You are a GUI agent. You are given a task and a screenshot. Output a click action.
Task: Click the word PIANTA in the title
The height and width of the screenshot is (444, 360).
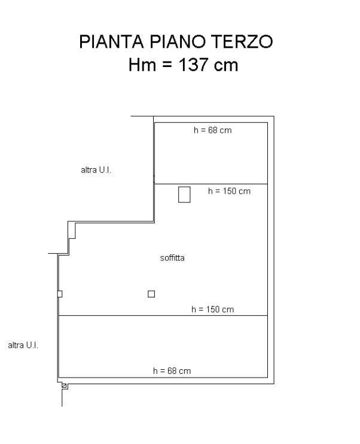point(111,42)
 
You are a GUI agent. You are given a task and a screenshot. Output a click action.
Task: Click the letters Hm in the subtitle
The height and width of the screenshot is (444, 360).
point(142,65)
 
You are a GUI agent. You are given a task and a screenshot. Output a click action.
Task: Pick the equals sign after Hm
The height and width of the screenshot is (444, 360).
point(167,65)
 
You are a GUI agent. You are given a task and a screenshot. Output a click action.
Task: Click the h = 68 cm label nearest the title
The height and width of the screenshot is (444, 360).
point(212,130)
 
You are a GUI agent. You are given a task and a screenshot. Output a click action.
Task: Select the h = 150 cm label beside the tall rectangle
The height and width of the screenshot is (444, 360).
point(229,191)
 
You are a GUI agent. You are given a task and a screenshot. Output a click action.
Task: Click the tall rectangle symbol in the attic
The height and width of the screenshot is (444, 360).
point(184,194)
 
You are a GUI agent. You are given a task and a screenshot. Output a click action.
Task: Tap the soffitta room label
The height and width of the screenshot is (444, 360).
point(172,258)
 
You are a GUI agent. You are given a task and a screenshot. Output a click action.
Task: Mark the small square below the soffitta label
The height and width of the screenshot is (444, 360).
point(151,294)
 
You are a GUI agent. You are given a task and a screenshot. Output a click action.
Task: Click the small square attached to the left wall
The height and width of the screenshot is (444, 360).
point(60,294)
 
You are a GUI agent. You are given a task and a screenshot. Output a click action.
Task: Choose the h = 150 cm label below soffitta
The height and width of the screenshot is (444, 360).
point(212,309)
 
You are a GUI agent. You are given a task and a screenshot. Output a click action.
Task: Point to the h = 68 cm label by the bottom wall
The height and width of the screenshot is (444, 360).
point(172,371)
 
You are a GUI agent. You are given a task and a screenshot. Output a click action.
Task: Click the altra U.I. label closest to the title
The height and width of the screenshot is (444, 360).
point(96,170)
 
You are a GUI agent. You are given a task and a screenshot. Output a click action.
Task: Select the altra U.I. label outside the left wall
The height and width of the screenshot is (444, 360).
point(23,345)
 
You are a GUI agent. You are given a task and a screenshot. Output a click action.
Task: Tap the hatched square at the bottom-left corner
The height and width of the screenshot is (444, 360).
point(64,386)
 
